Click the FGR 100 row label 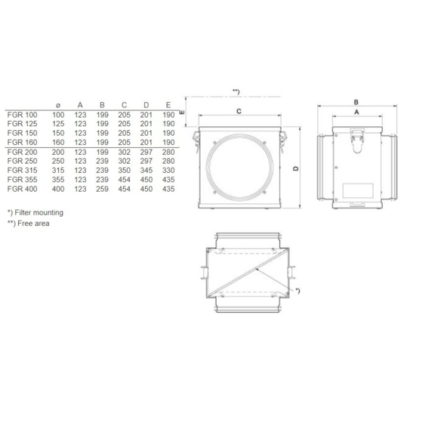coord(22,115)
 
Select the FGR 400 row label coord(22,189)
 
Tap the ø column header coord(58,105)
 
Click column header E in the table coord(168,105)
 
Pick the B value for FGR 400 coord(102,189)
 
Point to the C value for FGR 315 coord(125,171)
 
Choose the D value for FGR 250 coord(147,161)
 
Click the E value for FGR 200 coord(168,152)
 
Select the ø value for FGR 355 coord(58,180)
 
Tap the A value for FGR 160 coord(80,142)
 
